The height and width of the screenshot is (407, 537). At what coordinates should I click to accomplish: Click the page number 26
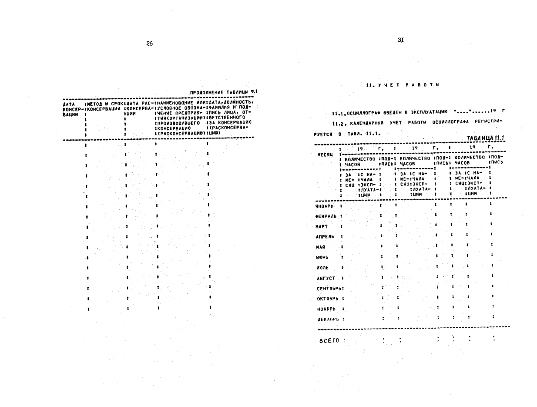(150, 44)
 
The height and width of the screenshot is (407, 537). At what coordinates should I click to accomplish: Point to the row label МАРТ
(321, 226)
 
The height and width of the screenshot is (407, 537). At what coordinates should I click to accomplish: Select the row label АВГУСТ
(325, 278)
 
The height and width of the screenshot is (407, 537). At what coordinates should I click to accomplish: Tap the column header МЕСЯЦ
(322, 155)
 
